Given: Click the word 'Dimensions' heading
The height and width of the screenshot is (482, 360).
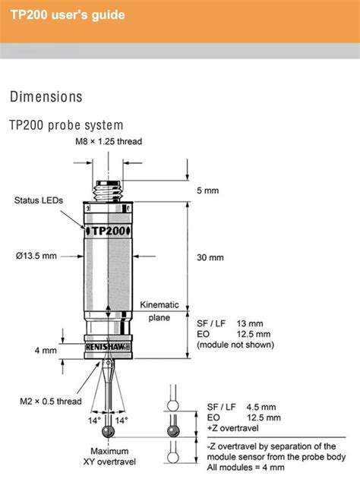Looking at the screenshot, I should tap(46, 97).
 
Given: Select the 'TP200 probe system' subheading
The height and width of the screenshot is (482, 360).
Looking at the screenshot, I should tap(65, 124).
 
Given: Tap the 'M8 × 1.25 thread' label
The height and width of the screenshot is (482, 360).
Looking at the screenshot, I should tap(108, 142).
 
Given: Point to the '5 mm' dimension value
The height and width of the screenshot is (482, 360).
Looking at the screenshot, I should tap(208, 191).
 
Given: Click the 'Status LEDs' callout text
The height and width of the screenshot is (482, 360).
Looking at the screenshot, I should tap(38, 200).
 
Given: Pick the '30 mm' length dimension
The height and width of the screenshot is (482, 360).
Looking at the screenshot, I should tap(210, 257).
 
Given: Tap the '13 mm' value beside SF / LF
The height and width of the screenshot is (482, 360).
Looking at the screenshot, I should tap(249, 323).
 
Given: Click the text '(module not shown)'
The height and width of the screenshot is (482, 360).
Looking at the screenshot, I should tap(236, 345).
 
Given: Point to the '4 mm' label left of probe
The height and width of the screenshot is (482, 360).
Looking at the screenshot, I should tap(45, 351).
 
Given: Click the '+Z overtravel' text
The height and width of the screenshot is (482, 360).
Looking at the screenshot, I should tap(232, 427).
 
